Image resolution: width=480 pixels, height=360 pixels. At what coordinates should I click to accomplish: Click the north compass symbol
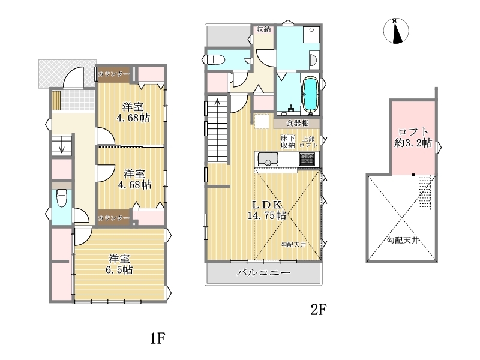(396, 31)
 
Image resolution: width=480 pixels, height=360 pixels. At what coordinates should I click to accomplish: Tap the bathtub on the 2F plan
(310, 94)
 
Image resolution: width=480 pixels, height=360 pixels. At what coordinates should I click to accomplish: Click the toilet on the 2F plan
(216, 59)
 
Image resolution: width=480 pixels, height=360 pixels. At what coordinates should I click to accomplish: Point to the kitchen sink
(268, 159)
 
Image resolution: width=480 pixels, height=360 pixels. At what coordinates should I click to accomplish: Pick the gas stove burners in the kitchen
(307, 159)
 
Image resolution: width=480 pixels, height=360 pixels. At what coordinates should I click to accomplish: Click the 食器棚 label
(298, 123)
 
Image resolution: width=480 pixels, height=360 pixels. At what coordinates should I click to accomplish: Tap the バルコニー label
(263, 272)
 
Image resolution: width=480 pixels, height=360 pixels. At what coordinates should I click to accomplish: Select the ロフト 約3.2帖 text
(413, 137)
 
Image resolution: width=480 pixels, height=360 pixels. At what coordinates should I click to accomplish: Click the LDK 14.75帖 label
(267, 210)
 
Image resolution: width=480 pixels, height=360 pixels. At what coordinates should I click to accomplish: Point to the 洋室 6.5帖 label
(119, 264)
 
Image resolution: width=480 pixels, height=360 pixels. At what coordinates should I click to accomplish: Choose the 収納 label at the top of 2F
(263, 29)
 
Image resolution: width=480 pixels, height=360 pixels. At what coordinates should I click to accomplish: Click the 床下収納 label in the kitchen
(288, 142)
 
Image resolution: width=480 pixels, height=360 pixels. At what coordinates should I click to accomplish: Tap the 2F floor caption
(319, 310)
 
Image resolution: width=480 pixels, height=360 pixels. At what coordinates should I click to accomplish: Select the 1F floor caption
(158, 338)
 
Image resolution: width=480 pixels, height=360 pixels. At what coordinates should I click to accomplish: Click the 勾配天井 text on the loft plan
(403, 241)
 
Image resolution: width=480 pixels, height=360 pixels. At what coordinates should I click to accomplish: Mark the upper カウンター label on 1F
(113, 74)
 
